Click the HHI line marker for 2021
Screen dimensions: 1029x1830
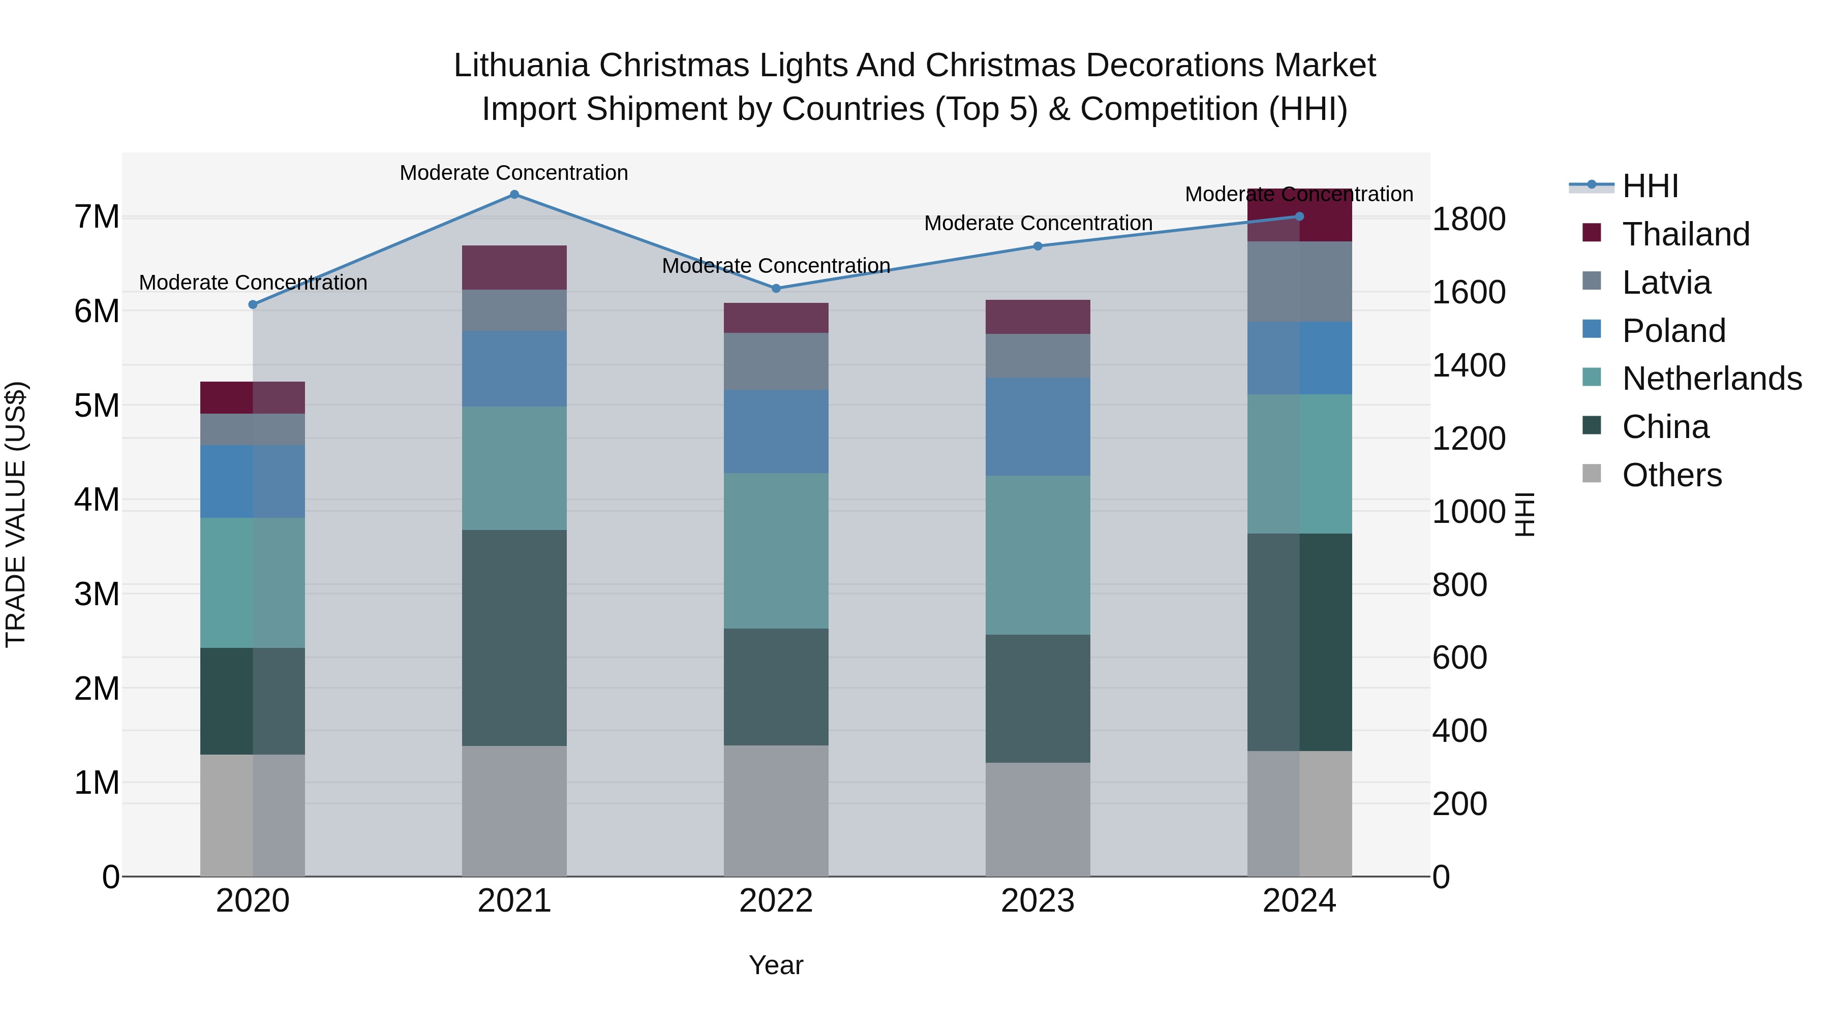[514, 195]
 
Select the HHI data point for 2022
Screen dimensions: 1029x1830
[776, 288]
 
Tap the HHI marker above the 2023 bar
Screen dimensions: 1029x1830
[1037, 246]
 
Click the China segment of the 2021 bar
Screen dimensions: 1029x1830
[514, 638]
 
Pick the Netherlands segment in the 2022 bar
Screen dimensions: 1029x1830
[776, 551]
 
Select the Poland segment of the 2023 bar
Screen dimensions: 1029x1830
[1037, 427]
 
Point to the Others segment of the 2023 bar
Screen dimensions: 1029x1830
[1037, 820]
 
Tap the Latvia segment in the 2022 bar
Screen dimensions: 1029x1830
[776, 361]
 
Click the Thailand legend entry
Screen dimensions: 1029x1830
[1686, 234]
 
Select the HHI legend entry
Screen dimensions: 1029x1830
[1650, 186]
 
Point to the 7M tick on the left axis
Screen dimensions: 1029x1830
[97, 216]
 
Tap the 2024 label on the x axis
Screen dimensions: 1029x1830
[1299, 901]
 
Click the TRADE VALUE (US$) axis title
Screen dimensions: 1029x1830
[16, 514]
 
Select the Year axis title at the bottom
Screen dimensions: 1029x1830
[776, 965]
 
